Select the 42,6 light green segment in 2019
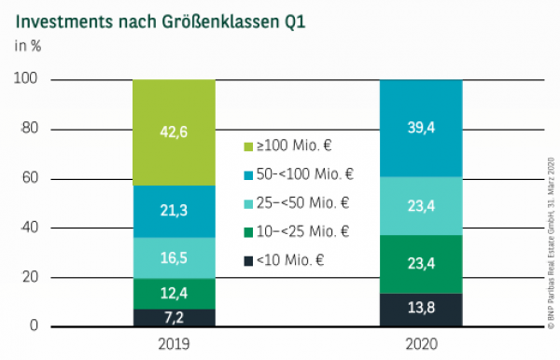click(174, 132)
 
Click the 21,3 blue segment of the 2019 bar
click(174, 211)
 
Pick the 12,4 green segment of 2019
click(174, 293)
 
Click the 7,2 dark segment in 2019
click(174, 317)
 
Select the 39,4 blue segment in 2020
click(422, 128)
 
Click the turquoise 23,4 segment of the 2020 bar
click(422, 205)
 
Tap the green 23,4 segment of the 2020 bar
click(422, 264)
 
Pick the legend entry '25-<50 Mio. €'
click(296, 203)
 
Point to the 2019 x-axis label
click(174, 343)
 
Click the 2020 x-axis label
click(422, 343)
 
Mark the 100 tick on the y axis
click(25, 80)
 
